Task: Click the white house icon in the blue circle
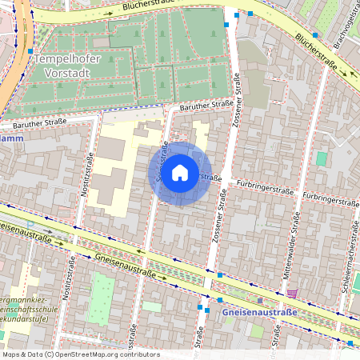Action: pyautogui.click(x=180, y=172)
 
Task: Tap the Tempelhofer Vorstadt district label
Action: pyautogui.click(x=61, y=65)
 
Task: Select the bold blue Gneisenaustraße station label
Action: pyautogui.click(x=259, y=311)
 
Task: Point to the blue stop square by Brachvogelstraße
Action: pyautogui.click(x=316, y=35)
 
